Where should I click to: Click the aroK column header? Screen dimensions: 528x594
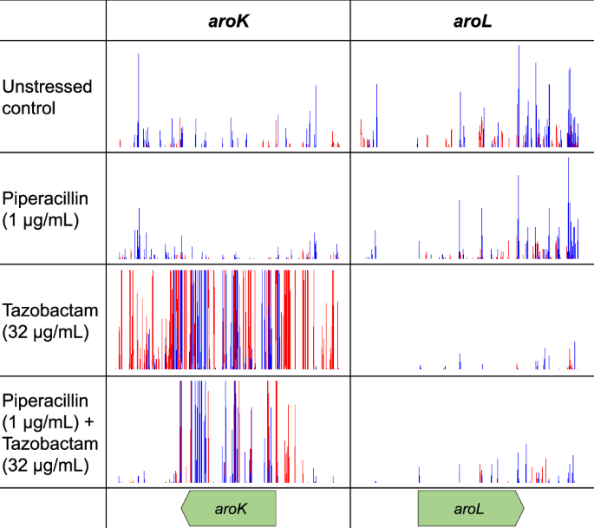(229, 21)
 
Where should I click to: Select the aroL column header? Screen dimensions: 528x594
(472, 21)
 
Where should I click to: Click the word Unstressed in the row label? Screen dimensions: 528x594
(47, 87)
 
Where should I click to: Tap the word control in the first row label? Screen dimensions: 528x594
(29, 108)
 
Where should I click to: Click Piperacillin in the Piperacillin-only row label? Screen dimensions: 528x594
(47, 199)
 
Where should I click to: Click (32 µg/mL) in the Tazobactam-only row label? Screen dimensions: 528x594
(45, 331)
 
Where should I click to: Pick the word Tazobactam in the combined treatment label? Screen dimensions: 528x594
(49, 444)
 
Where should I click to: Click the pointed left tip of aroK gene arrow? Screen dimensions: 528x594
(182, 508)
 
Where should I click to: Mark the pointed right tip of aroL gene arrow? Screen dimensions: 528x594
(523, 508)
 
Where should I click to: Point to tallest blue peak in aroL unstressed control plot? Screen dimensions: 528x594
(519, 47)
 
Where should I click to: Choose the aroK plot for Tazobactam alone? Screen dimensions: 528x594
(228, 320)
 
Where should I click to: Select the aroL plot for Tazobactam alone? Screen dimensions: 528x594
(472, 320)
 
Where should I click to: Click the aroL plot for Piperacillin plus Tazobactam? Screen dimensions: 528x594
(472, 431)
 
